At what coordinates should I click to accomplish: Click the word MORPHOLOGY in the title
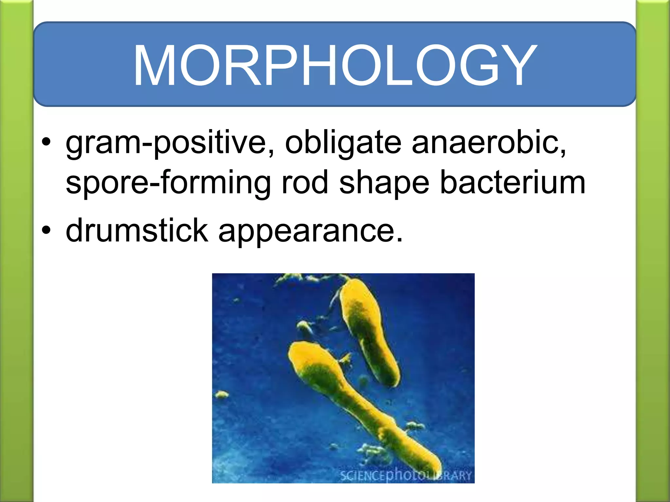(x=335, y=65)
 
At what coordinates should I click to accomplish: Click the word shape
(x=384, y=183)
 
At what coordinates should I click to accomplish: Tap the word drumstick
(x=137, y=230)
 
